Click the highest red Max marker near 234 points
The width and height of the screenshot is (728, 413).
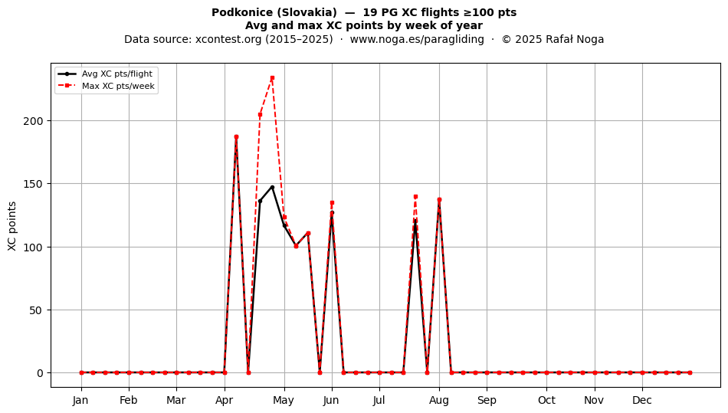[272, 78]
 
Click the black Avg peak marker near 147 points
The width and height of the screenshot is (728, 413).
[272, 188]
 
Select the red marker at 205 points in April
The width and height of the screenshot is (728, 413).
[260, 115]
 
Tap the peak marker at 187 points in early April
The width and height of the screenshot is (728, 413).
[236, 137]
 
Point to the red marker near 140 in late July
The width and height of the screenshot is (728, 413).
[415, 197]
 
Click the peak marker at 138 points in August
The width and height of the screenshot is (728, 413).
[439, 199]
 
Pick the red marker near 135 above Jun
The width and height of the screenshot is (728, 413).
[332, 203]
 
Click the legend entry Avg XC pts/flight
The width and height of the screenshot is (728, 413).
[117, 74]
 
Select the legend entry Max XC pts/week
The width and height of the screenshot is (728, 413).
[118, 86]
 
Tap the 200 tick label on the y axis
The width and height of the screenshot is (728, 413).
[33, 121]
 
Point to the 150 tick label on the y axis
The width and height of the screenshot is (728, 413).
[33, 184]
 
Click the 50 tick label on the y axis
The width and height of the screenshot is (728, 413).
[36, 310]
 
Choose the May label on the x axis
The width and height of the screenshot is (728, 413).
[284, 401]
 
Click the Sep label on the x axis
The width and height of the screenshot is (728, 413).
[487, 401]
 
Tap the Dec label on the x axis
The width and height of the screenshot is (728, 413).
[642, 400]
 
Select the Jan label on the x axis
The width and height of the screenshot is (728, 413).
[80, 400]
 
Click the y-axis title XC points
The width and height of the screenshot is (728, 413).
[12, 226]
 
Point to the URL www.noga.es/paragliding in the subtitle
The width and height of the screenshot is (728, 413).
[417, 39]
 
